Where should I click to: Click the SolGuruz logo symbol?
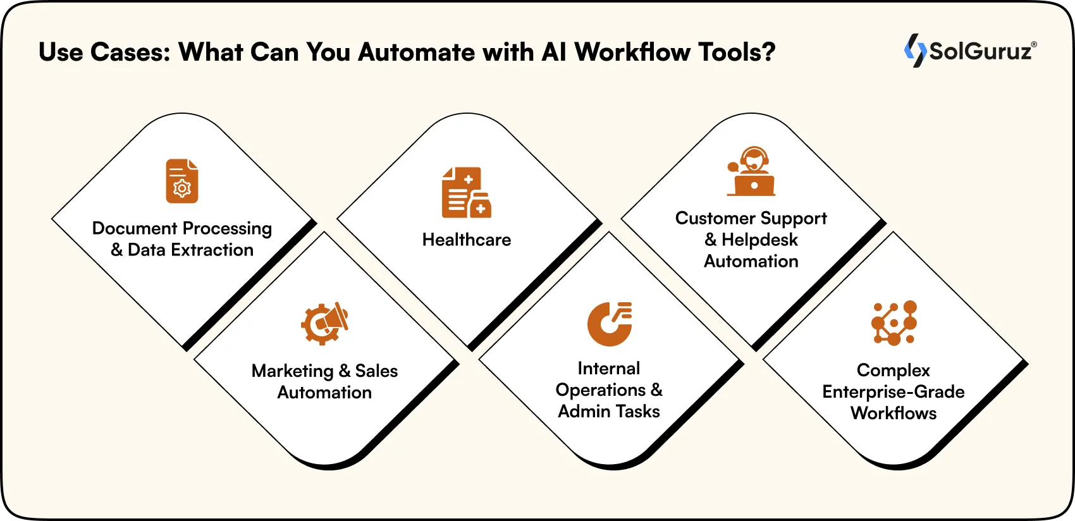click(x=915, y=51)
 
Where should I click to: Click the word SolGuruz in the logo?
click(x=980, y=51)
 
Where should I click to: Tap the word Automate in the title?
click(x=416, y=52)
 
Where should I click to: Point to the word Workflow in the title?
click(x=633, y=52)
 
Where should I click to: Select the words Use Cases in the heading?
click(x=104, y=52)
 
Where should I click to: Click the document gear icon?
click(x=182, y=181)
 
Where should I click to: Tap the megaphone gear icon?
click(x=324, y=323)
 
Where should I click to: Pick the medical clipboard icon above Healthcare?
click(x=467, y=193)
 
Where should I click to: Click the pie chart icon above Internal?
click(x=610, y=324)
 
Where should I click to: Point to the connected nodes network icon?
click(x=894, y=323)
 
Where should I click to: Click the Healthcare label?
click(x=467, y=240)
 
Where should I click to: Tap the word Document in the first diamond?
click(x=135, y=228)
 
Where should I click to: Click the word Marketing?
click(x=292, y=371)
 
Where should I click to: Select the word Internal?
click(x=609, y=368)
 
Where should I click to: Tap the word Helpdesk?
click(x=759, y=240)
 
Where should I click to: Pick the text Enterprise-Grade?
click(x=894, y=392)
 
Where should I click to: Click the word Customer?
click(x=715, y=218)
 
